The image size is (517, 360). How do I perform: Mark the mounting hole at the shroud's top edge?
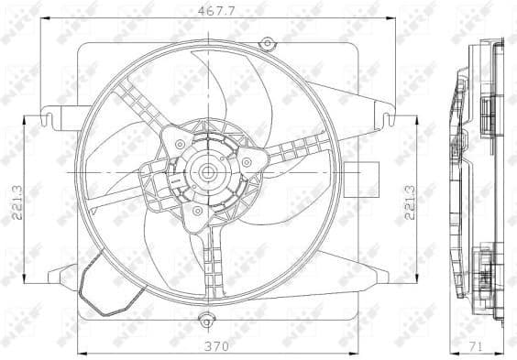coord(267,42)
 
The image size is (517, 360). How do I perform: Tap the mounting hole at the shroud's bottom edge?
coord(205,321)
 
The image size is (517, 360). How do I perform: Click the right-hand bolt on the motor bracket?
coord(247,163)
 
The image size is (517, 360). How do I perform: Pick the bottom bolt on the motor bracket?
coord(195,211)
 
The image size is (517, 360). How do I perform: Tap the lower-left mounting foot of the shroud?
coord(62,276)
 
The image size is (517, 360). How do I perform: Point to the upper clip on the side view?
coord(487,111)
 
